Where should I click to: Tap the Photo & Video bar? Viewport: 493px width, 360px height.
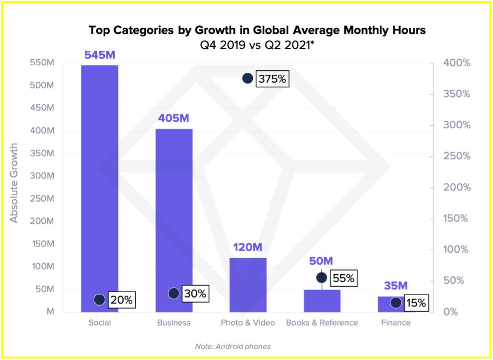(248, 284)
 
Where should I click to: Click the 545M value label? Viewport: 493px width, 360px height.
(100, 55)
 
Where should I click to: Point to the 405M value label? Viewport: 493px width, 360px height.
(174, 119)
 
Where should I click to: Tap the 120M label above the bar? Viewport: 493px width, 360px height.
(248, 248)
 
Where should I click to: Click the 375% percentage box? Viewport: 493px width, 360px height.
(272, 79)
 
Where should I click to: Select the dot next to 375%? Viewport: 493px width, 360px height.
(248, 78)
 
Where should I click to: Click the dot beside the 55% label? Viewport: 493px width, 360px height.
(322, 278)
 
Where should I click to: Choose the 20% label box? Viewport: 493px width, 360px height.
(122, 300)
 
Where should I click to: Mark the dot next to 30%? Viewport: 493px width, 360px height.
(173, 293)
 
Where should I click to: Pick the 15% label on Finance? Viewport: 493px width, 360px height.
(415, 303)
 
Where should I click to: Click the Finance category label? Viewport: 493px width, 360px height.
(396, 323)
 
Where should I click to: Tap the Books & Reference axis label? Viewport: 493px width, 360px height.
(322, 323)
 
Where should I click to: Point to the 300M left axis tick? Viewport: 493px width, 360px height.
(44, 176)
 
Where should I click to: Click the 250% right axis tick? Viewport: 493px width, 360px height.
(456, 156)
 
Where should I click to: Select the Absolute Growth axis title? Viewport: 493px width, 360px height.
(14, 183)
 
